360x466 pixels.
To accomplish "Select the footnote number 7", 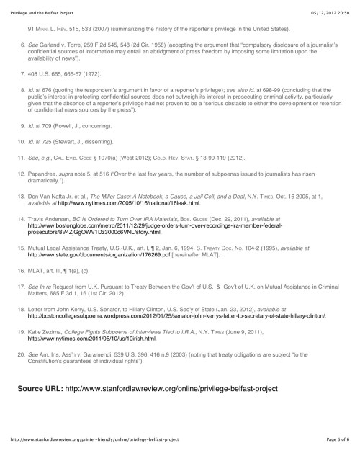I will pyautogui.click(x=21, y=73).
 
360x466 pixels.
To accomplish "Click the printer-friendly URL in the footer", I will pyautogui.click(x=94, y=457).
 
